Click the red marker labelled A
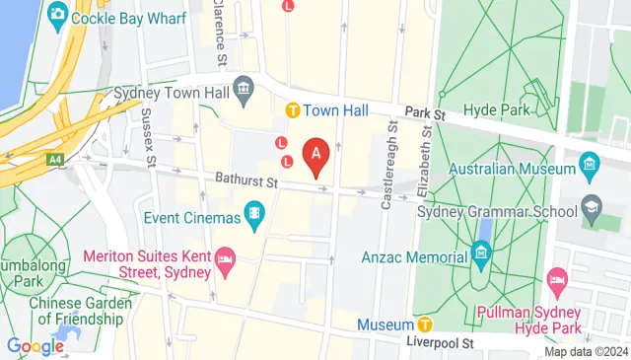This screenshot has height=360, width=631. point(315,155)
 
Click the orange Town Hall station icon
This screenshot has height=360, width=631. point(293,109)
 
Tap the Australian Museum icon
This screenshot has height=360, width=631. point(590,161)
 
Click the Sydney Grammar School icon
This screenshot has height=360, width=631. point(591,208)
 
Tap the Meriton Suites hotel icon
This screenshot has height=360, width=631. point(225,263)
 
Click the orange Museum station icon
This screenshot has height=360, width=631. point(425,324)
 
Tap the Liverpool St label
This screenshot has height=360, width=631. point(443,342)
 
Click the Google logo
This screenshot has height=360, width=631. point(35,345)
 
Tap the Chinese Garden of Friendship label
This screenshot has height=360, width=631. point(79,311)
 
